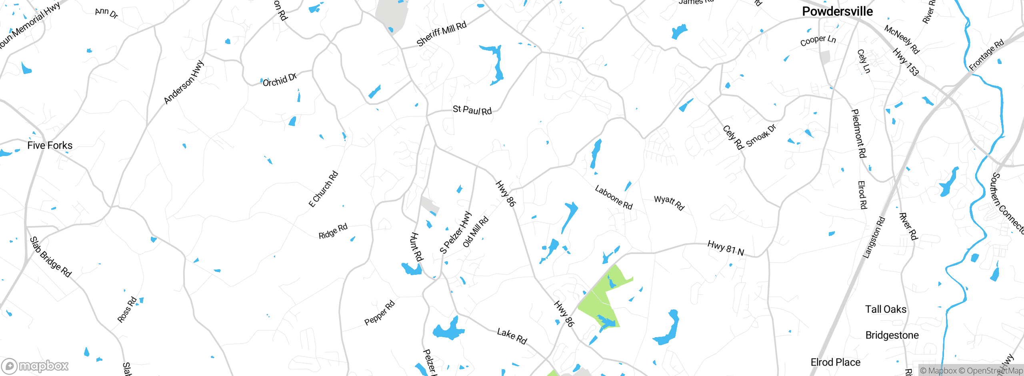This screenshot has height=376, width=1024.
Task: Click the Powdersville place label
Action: tap(837, 12)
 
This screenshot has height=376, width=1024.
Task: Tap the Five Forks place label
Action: tap(50, 145)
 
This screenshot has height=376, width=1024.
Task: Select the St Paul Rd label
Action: tap(472, 110)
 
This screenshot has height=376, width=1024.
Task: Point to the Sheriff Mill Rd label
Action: tap(441, 34)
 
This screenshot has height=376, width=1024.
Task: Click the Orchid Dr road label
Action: tap(280, 80)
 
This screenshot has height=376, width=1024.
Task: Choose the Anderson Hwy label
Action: tap(184, 82)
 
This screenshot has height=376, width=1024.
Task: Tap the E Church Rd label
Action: tap(323, 189)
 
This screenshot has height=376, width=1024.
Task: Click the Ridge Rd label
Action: tap(333, 231)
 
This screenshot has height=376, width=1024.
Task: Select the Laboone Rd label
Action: tap(614, 197)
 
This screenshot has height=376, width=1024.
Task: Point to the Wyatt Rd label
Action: tap(669, 202)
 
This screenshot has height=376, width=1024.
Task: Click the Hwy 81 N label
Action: tap(726, 248)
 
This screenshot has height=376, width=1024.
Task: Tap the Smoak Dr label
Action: tap(761, 136)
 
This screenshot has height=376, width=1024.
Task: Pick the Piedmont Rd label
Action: tap(858, 133)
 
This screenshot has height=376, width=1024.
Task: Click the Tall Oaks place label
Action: tap(886, 309)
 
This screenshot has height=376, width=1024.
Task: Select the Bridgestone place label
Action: tap(892, 335)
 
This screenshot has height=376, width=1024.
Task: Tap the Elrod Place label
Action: tap(835, 362)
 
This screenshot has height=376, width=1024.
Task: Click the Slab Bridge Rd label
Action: tap(50, 257)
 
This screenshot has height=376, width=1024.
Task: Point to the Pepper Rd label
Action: tap(379, 313)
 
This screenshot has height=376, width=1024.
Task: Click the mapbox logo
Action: tap(35, 366)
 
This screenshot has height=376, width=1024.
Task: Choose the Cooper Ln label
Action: tap(818, 41)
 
